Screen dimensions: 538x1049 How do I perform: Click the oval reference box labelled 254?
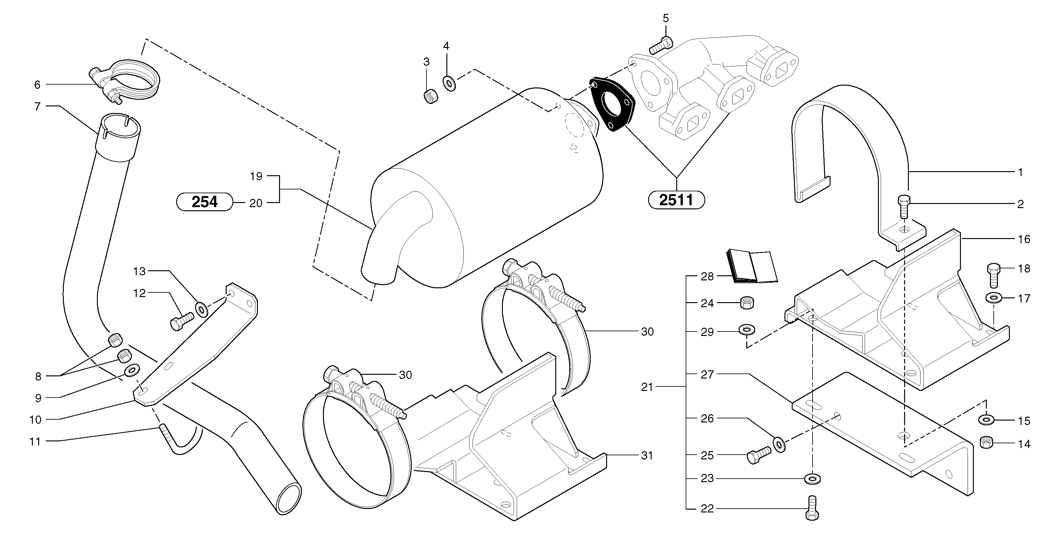tap(205, 202)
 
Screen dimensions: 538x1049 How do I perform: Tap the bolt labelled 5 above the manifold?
tap(660, 45)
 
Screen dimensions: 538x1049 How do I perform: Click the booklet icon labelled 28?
tap(752, 266)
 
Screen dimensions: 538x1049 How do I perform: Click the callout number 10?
tap(35, 420)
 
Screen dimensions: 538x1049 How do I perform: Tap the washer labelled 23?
tap(813, 478)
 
